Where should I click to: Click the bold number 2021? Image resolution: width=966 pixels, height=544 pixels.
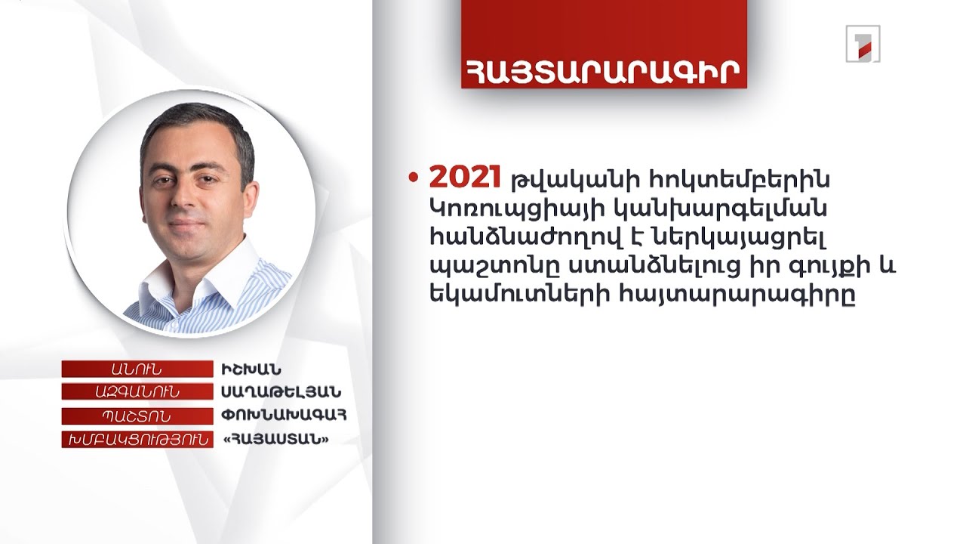pyautogui.click(x=465, y=179)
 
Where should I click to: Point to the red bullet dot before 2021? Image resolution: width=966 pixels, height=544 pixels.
pyautogui.click(x=413, y=178)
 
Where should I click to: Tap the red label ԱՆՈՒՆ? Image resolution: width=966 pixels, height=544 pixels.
pyautogui.click(x=137, y=369)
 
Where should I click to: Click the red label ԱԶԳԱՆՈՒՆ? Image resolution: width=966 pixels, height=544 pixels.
pyautogui.click(x=137, y=392)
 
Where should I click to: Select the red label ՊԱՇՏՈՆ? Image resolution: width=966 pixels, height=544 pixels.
pyautogui.click(x=137, y=416)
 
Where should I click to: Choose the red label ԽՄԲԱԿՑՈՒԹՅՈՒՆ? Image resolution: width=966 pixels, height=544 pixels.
pyautogui.click(x=137, y=439)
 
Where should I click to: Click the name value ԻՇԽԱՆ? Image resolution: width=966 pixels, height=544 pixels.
pyautogui.click(x=251, y=369)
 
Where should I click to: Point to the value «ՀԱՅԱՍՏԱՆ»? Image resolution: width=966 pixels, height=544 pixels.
pyautogui.click(x=274, y=439)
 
